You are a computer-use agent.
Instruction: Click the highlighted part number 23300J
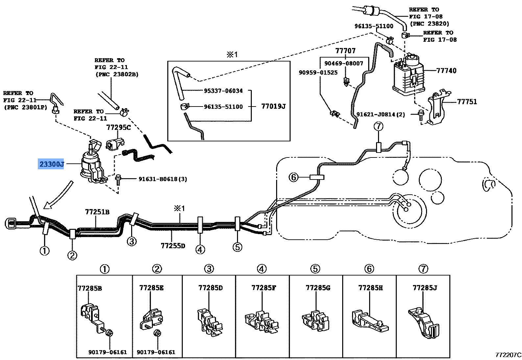pyautogui.click(x=52, y=164)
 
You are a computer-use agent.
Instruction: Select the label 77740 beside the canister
pyautogui.click(x=446, y=70)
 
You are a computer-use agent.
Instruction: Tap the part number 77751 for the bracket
pyautogui.click(x=467, y=102)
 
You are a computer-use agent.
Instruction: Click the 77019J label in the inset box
pyautogui.click(x=273, y=106)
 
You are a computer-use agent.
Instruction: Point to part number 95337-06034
pyautogui.click(x=223, y=91)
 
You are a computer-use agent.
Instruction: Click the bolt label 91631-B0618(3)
pyautogui.click(x=163, y=179)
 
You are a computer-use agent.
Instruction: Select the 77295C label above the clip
pyautogui.click(x=118, y=127)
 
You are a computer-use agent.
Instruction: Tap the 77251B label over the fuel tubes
pyautogui.click(x=97, y=212)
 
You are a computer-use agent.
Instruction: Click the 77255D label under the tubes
pyautogui.click(x=173, y=246)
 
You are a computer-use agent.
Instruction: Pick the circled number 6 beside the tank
pyautogui.click(x=293, y=177)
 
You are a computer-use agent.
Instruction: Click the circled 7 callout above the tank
pyautogui.click(x=378, y=126)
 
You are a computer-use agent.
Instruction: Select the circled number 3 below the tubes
pyautogui.click(x=131, y=241)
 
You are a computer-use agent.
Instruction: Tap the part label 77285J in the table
pyautogui.click(x=425, y=288)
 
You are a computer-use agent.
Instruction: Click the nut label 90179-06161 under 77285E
pyautogui.click(x=156, y=352)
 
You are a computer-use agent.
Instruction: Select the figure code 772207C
pyautogui.click(x=508, y=355)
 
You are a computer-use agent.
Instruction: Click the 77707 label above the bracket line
pyautogui.click(x=345, y=51)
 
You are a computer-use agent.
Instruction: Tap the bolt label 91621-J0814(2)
pyautogui.click(x=381, y=114)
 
